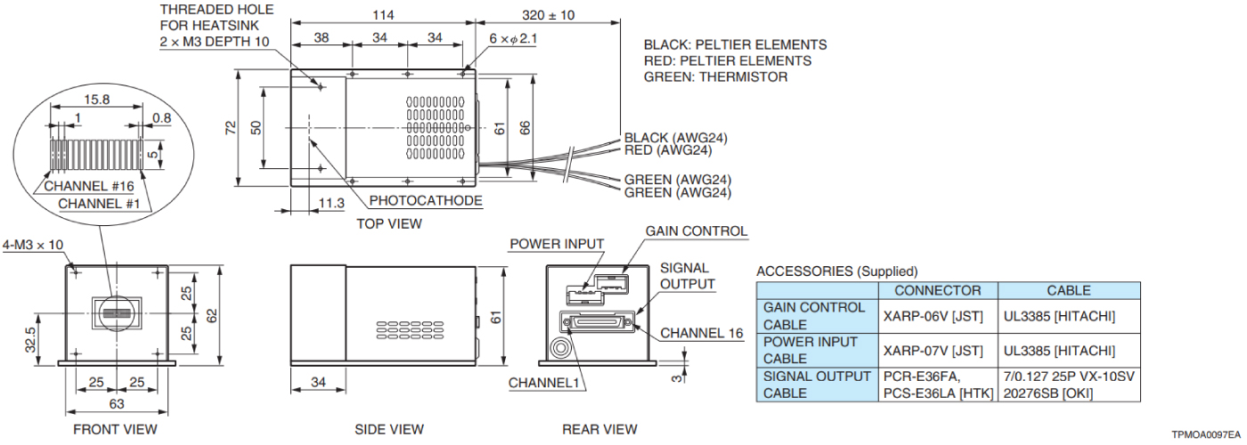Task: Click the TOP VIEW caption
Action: (x=389, y=223)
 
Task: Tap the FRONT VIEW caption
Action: (x=115, y=429)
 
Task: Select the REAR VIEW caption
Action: (x=599, y=429)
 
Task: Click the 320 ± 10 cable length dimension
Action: (x=549, y=15)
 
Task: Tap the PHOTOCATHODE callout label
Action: (x=426, y=201)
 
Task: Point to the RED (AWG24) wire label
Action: (x=667, y=150)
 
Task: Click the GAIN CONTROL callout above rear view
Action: (x=697, y=231)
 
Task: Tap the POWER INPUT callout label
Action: (x=557, y=244)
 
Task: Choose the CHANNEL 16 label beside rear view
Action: (x=701, y=334)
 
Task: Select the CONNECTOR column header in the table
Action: (x=938, y=290)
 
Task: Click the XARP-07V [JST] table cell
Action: (x=938, y=350)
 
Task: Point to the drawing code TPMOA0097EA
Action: (x=1205, y=435)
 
